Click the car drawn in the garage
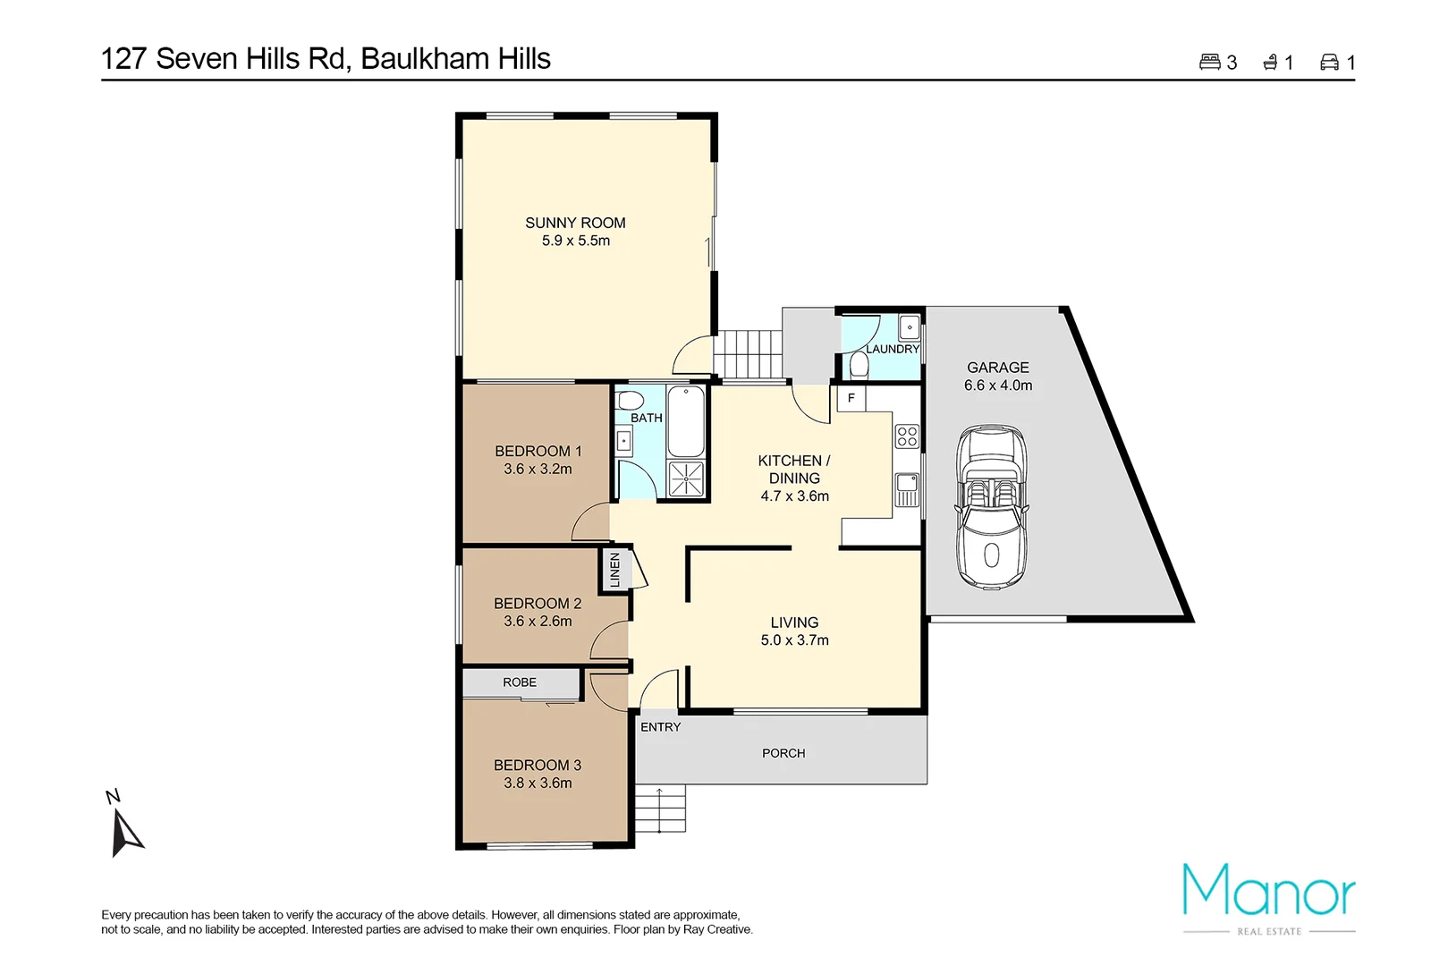coord(991,506)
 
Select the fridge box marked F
coord(851,398)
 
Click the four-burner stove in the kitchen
coord(907,436)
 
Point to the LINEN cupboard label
coord(614,570)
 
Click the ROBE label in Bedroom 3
coord(520,682)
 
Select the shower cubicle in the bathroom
coord(686,478)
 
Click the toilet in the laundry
coord(859,365)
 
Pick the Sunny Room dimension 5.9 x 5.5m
coord(575,241)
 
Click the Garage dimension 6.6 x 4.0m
coord(997,386)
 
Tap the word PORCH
coord(783,753)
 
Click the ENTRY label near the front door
coord(660,727)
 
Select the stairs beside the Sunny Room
coord(749,353)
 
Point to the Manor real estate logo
coord(1268,894)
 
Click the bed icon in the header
coord(1209,62)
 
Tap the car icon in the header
coord(1329,62)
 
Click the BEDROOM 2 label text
coord(538,604)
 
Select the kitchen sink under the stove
coord(907,488)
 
